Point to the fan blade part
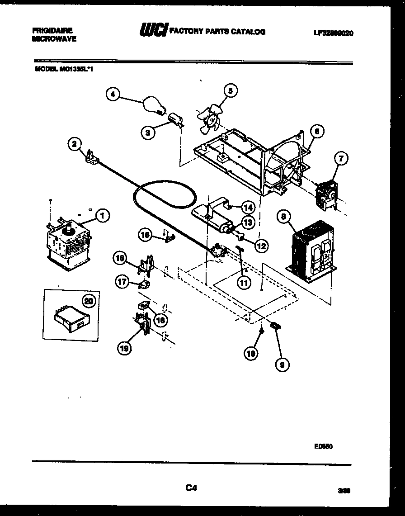coord(210,119)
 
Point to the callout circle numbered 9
coord(282,365)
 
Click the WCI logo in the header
coord(154,31)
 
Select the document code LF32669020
coord(333,33)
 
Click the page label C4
coord(191,488)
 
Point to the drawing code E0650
coord(323,446)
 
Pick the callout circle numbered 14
coord(247,208)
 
